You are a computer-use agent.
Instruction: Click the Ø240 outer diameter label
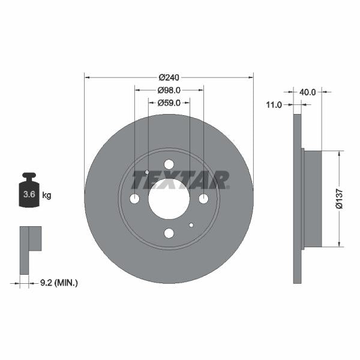(169, 77)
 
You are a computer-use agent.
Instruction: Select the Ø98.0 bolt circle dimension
(169, 90)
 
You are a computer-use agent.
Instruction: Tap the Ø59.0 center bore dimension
(169, 103)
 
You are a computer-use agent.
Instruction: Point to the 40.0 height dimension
(307, 92)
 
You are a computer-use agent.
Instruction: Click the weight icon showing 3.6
(28, 191)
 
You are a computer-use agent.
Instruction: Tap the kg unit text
(47, 195)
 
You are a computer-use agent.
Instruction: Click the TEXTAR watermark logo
(180, 179)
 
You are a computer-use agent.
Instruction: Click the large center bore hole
(169, 199)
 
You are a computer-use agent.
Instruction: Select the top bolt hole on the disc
(169, 164)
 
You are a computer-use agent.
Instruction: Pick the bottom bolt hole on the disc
(169, 233)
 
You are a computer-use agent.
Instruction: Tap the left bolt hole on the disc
(134, 199)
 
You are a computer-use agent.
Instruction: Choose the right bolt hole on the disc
(203, 199)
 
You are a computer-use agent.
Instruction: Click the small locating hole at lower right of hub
(191, 225)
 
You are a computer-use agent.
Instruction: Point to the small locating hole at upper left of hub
(147, 172)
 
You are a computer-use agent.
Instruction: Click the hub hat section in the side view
(313, 199)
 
